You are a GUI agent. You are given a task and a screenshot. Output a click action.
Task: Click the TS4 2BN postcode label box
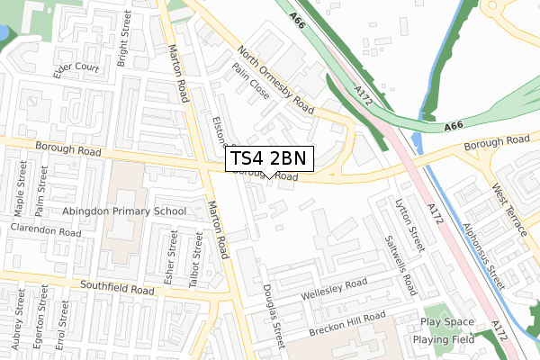coord(269,158)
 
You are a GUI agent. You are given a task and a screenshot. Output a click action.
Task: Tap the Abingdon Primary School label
coord(125,211)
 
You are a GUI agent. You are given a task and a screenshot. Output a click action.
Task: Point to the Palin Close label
coord(250,81)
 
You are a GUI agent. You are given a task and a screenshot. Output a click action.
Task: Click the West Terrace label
coord(508,209)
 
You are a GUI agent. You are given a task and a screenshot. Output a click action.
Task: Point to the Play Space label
coord(449,321)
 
